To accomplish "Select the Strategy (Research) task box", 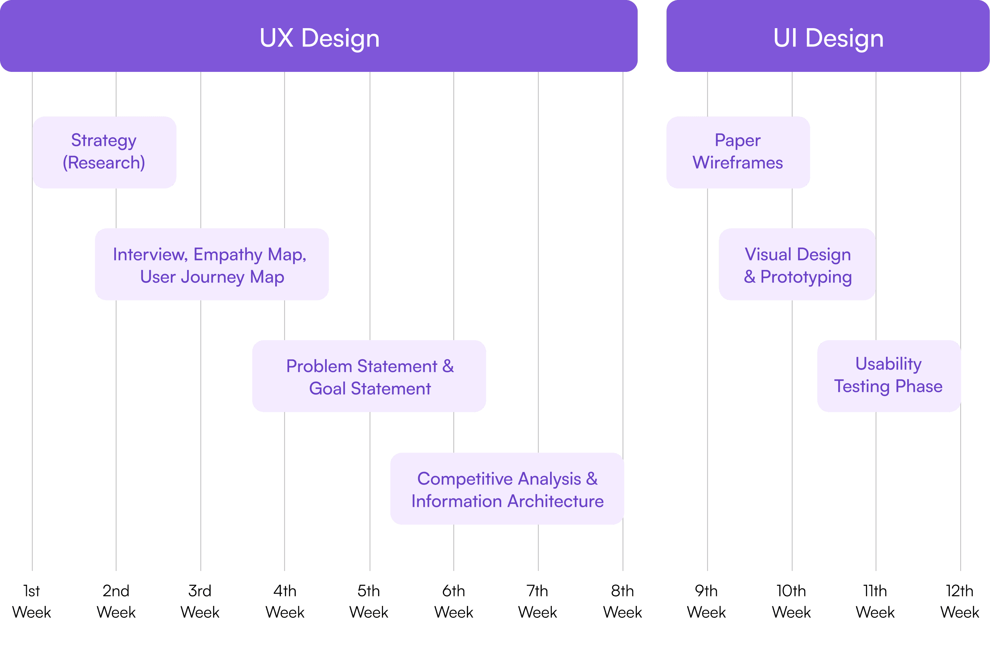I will click(104, 152).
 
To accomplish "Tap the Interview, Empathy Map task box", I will click(212, 264).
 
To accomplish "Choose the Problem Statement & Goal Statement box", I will click(369, 376).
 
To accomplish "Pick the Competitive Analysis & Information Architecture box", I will click(507, 489).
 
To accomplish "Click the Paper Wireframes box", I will click(738, 152).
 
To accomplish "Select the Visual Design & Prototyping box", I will click(797, 264).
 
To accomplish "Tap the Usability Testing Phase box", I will click(889, 376).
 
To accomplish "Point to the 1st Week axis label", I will click(32, 601).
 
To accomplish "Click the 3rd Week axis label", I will click(200, 601).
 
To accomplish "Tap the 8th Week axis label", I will click(622, 601).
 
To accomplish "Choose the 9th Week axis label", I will click(706, 601).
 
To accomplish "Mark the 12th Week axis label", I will click(959, 601).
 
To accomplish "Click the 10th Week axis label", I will click(791, 601).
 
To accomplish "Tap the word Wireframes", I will click(738, 163).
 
